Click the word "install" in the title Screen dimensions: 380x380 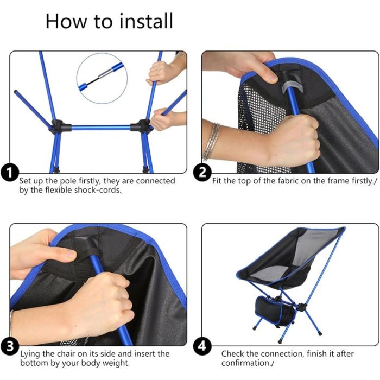147,21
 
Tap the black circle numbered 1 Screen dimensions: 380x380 10,173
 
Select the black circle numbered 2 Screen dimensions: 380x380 202,173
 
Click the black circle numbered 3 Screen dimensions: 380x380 10,346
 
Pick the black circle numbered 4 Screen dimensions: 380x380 202,346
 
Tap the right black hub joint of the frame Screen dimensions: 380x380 142,125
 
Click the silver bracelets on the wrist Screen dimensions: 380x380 212,142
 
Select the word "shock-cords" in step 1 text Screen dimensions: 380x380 97,190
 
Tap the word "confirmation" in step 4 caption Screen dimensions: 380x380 245,363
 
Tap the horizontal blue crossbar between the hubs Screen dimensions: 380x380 101,127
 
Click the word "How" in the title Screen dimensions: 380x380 66,21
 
